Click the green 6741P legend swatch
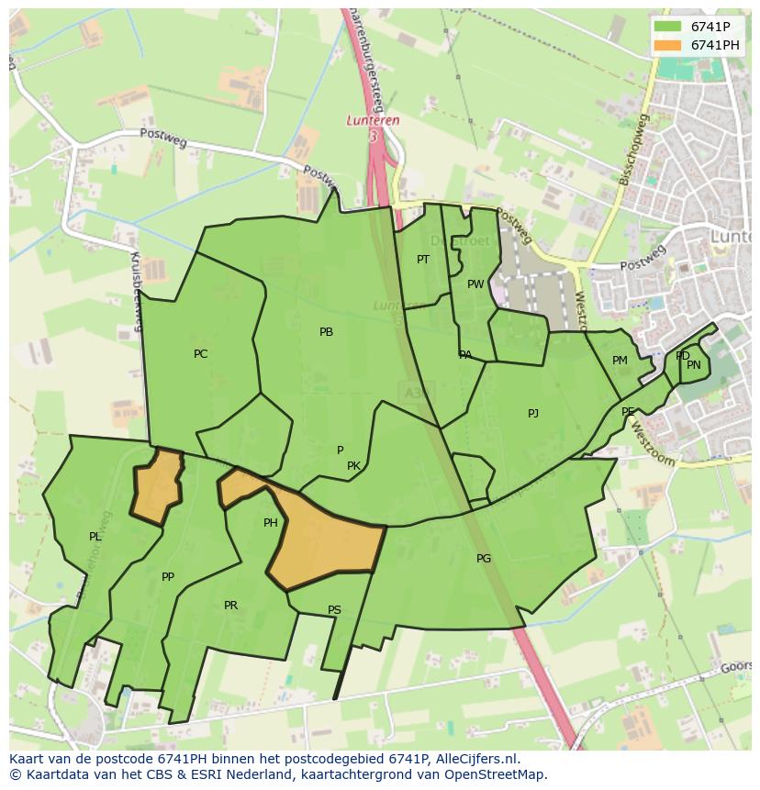[x=667, y=27]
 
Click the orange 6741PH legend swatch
[x=667, y=45]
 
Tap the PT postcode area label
[x=423, y=260]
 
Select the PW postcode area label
[x=475, y=284]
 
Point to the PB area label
[x=326, y=332]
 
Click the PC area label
[x=200, y=354]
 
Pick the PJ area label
[x=533, y=414]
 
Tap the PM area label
[x=620, y=361]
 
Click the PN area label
[x=694, y=365]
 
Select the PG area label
[x=484, y=558]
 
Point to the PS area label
[x=334, y=610]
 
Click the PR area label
[x=230, y=606]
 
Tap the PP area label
[x=167, y=577]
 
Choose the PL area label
[x=95, y=537]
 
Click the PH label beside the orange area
[x=270, y=523]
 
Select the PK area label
[x=353, y=466]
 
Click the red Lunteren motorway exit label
[x=374, y=120]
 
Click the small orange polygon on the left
[x=157, y=484]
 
